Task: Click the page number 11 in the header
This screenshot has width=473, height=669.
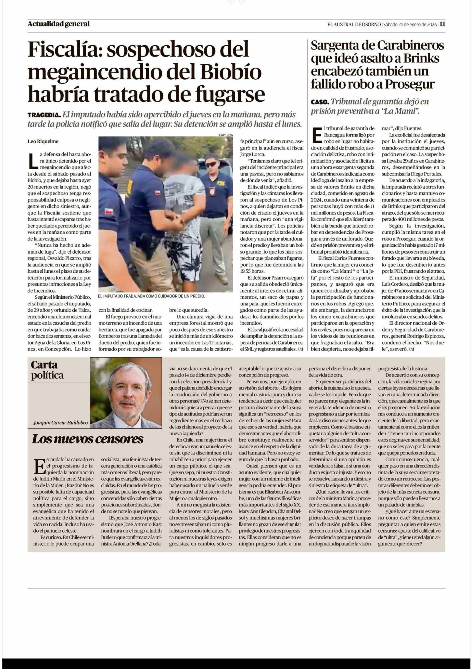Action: point(442,24)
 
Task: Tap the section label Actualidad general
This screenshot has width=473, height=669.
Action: point(59,24)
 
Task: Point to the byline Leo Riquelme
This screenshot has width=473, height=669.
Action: point(43,141)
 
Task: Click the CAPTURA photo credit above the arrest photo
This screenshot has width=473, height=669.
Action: point(226,135)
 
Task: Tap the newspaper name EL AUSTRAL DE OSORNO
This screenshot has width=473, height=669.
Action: point(354,24)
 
